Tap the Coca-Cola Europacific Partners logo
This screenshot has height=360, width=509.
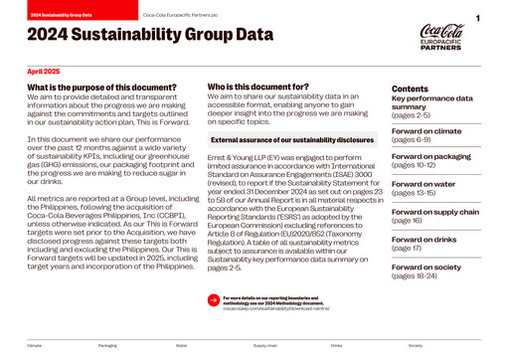tap(440, 36)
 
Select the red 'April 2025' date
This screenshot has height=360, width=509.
tap(44, 72)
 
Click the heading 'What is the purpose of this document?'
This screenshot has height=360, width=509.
tap(102, 89)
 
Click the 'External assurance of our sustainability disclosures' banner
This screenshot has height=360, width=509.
tap(284, 141)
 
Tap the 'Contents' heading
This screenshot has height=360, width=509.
tap(410, 90)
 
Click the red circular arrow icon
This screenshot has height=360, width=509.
tap(213, 298)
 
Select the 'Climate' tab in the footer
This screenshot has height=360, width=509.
tap(35, 345)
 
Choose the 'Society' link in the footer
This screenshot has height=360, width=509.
tap(415, 345)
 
